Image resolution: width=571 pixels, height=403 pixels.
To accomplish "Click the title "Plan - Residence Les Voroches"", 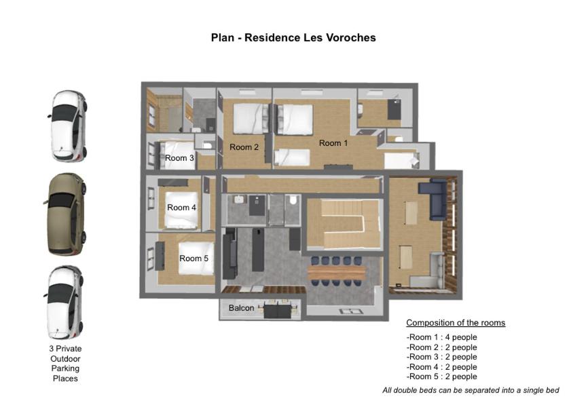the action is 293,38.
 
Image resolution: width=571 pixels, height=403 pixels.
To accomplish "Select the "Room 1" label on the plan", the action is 333,143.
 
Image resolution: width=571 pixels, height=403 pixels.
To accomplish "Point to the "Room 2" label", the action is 244,147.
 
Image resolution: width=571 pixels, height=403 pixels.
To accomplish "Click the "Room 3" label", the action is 179,158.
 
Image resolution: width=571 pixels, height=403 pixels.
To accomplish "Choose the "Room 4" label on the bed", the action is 181,208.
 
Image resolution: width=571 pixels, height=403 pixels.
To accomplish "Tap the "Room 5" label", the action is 194,258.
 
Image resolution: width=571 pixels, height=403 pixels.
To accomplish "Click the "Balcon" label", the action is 242,308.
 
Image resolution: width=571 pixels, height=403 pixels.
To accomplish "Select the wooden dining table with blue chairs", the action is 336,272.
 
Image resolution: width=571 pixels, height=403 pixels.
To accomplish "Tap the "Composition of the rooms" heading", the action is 456,323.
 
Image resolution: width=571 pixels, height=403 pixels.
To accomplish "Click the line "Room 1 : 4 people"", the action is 443,337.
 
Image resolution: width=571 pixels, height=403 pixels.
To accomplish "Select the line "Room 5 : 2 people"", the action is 443,377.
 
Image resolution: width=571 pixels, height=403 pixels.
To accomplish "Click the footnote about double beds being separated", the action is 471,391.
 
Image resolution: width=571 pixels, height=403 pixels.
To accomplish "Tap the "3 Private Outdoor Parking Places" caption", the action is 65,364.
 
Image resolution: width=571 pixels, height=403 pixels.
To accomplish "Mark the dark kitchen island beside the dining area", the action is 258,250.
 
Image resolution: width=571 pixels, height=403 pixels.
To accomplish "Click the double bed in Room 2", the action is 251,119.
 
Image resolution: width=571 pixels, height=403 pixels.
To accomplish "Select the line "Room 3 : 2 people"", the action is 443,357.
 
